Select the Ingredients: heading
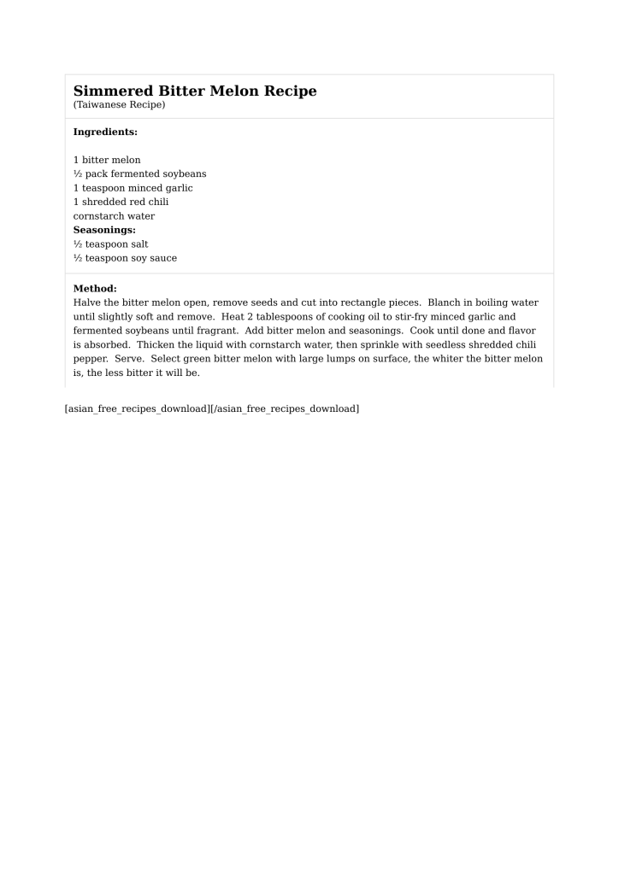click(105, 132)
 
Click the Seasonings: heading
click(104, 230)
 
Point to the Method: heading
click(95, 289)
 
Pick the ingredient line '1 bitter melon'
click(107, 160)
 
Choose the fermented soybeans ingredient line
click(139, 173)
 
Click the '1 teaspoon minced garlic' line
click(133, 188)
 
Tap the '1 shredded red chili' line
click(121, 202)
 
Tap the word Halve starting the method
click(87, 302)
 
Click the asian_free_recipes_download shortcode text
click(211, 408)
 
